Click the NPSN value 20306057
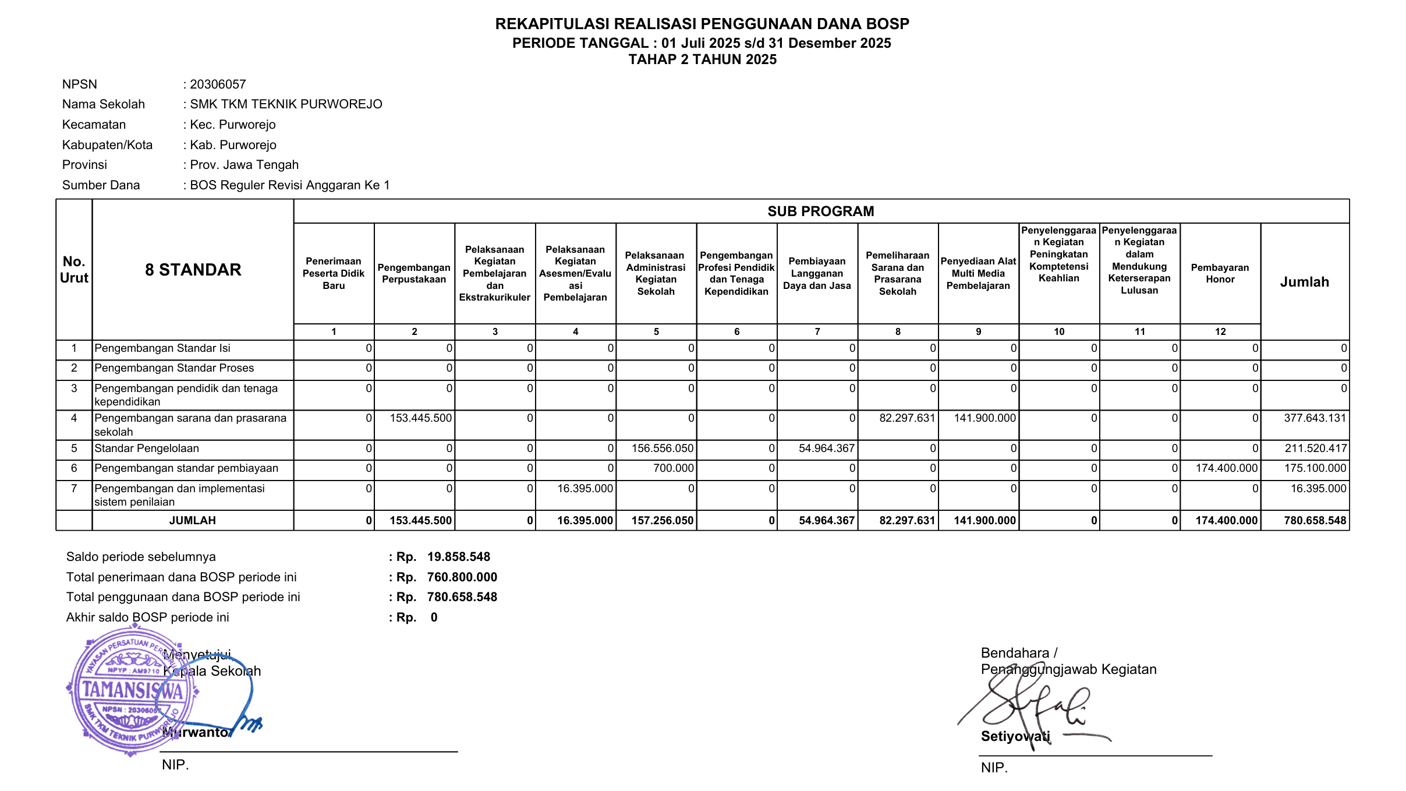tap(218, 84)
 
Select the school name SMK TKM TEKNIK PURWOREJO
tap(286, 104)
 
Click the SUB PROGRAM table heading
tap(820, 211)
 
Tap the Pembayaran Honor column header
tap(1220, 274)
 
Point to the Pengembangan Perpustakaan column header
tap(414, 274)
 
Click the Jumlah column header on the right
tap(1304, 282)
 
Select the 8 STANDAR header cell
tap(193, 270)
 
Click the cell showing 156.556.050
tap(663, 449)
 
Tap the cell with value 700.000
tap(673, 468)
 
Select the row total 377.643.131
tap(1315, 418)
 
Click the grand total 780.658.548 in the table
tap(1315, 521)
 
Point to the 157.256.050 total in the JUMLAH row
tap(663, 521)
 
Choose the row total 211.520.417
tap(1315, 449)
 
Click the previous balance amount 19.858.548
tap(459, 557)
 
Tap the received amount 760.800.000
tap(462, 577)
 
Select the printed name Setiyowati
tap(1015, 736)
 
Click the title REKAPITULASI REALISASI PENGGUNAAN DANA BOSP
tap(702, 24)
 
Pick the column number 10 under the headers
tap(1059, 332)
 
